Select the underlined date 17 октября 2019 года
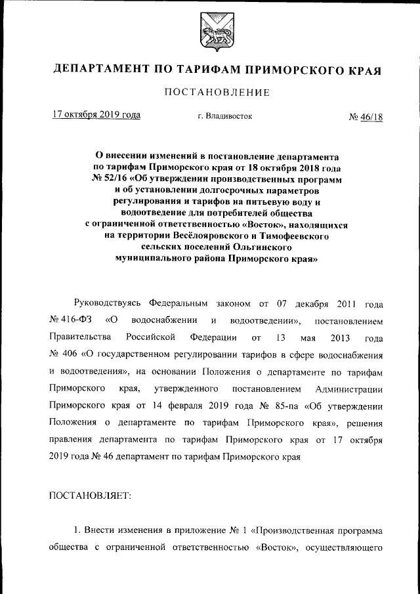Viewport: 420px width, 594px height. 96,115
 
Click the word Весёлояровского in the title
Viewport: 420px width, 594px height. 197,234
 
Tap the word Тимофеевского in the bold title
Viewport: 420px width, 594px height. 286,234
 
